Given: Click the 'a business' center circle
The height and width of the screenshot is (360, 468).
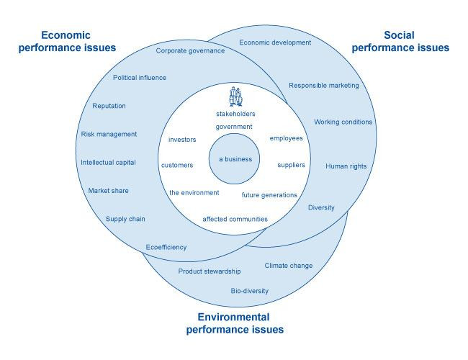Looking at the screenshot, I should [x=235, y=158].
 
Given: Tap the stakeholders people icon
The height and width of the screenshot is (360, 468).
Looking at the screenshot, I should [x=235, y=96].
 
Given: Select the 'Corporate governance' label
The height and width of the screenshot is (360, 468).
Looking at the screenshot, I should [x=190, y=50].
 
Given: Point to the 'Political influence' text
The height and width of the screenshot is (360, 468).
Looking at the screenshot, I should [x=140, y=78].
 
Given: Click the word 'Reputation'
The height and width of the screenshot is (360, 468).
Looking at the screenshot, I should [x=109, y=106].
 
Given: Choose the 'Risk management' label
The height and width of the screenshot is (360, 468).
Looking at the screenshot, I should [x=109, y=134].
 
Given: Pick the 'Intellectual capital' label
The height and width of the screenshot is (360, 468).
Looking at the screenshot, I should [x=108, y=162].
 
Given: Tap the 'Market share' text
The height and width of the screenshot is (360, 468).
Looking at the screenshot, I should [x=108, y=191].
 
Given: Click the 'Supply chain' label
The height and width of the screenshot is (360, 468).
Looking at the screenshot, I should [x=126, y=219].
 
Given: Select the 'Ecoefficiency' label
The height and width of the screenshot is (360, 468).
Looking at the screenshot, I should [x=166, y=247].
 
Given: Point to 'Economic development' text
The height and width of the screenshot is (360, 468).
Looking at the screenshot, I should [x=275, y=42].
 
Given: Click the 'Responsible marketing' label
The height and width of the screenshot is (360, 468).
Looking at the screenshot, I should [x=323, y=86].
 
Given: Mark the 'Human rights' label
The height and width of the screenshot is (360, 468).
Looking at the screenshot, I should [x=346, y=166].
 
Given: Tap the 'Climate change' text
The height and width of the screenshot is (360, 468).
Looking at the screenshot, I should [x=289, y=266].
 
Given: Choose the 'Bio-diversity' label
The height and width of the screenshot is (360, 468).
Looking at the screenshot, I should [x=249, y=291].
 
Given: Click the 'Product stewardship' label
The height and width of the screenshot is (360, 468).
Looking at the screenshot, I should [x=210, y=271].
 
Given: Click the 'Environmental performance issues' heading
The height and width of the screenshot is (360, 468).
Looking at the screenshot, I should [x=235, y=323].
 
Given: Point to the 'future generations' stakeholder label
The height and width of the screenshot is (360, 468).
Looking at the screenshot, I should [x=269, y=195].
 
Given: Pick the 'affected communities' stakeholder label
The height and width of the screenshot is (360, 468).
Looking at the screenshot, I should [x=235, y=219].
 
